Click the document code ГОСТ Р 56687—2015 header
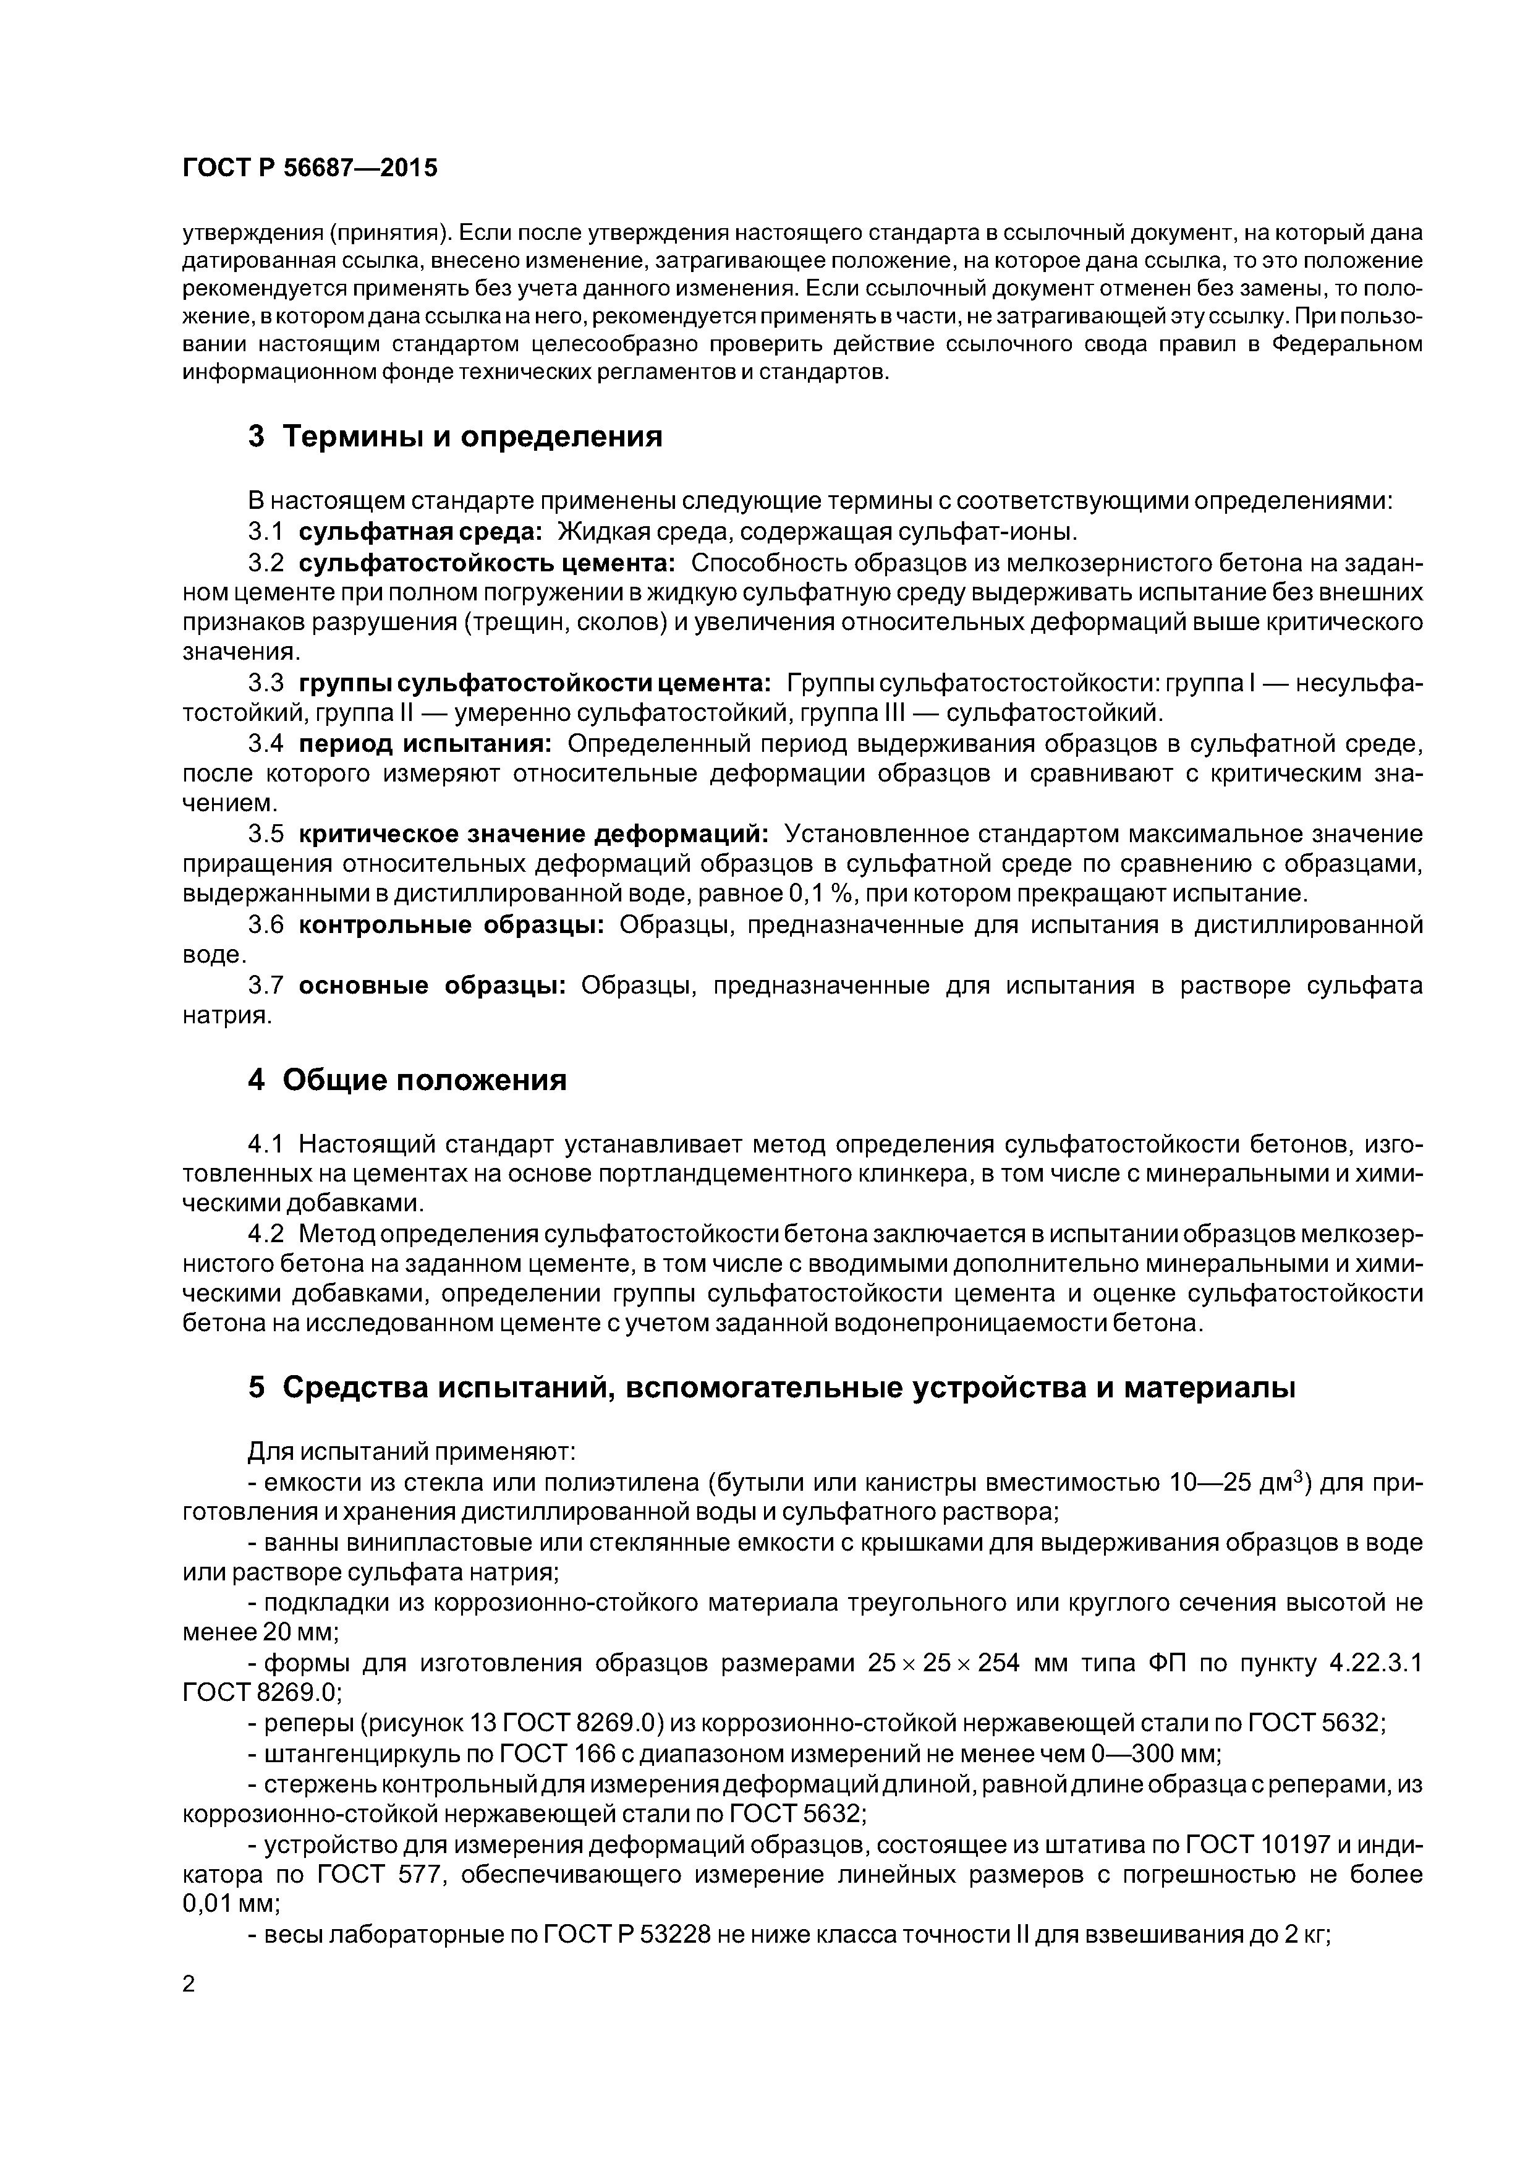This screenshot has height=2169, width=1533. click(x=310, y=168)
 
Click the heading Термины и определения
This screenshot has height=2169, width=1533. click(x=456, y=437)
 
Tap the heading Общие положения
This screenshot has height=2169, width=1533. click(x=407, y=1080)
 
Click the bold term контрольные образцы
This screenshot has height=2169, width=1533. click(x=451, y=925)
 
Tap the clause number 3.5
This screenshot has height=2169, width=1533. click(x=266, y=834)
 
